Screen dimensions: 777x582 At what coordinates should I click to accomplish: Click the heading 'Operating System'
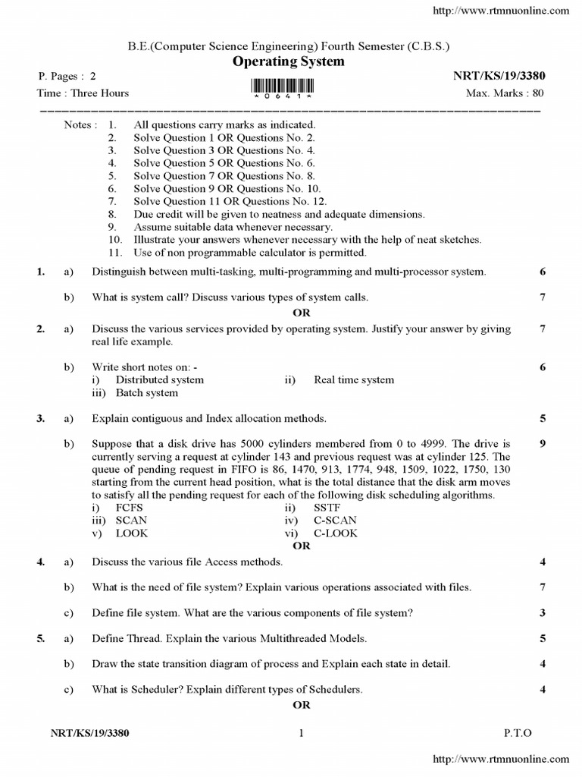pyautogui.click(x=288, y=61)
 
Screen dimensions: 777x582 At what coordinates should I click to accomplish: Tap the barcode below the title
pyautogui.click(x=289, y=86)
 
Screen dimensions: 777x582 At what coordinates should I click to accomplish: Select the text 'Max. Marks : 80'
pyautogui.click(x=505, y=93)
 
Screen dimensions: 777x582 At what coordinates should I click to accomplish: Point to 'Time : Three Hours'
pyautogui.click(x=83, y=93)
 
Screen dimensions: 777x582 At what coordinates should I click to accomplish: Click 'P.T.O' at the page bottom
pyautogui.click(x=518, y=733)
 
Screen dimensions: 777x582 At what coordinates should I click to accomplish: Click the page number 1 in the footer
pyautogui.click(x=301, y=733)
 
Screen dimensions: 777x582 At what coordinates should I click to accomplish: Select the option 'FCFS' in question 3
pyautogui.click(x=129, y=508)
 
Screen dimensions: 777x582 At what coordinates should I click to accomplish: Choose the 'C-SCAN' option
pyautogui.click(x=334, y=521)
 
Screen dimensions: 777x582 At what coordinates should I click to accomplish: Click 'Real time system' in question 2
pyautogui.click(x=354, y=380)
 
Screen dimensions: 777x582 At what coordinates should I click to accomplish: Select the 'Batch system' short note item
pyautogui.click(x=146, y=393)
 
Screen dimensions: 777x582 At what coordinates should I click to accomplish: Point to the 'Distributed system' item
pyautogui.click(x=159, y=380)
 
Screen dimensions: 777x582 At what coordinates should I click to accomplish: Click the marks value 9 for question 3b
pyautogui.click(x=543, y=444)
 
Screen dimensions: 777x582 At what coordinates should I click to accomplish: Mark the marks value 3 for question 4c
pyautogui.click(x=543, y=613)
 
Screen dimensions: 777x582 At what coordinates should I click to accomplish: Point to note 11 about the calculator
pyautogui.click(x=249, y=253)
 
